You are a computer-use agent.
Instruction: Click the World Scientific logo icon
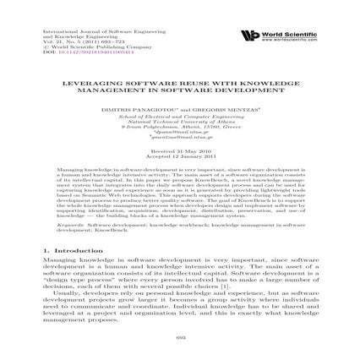(x=248, y=35)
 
